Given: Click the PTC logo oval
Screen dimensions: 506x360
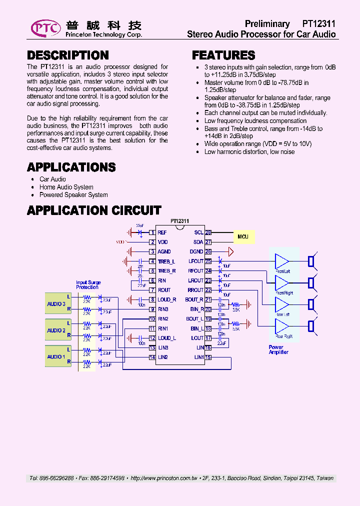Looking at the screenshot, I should coord(45,28).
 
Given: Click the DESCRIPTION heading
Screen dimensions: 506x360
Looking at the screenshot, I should coord(67,55).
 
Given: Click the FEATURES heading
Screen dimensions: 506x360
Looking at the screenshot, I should coord(223,55).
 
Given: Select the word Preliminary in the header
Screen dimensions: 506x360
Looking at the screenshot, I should coord(267,24).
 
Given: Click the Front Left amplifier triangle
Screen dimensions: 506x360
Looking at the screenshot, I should coord(282,261).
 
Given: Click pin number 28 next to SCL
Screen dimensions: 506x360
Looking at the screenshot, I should coord(208,232).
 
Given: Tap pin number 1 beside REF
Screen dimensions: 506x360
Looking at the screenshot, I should coord(152,232).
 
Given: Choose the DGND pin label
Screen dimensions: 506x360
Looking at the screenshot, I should coord(196,251).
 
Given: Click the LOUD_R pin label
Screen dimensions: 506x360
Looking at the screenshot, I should coord(167,299).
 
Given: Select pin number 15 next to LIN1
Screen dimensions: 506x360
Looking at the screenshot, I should coord(208,357).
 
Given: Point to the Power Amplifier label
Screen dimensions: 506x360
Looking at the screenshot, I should coord(278,349).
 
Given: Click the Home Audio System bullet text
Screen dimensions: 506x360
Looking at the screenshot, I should coord(66,187).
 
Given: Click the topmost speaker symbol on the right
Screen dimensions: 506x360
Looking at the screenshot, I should coord(311,261).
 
